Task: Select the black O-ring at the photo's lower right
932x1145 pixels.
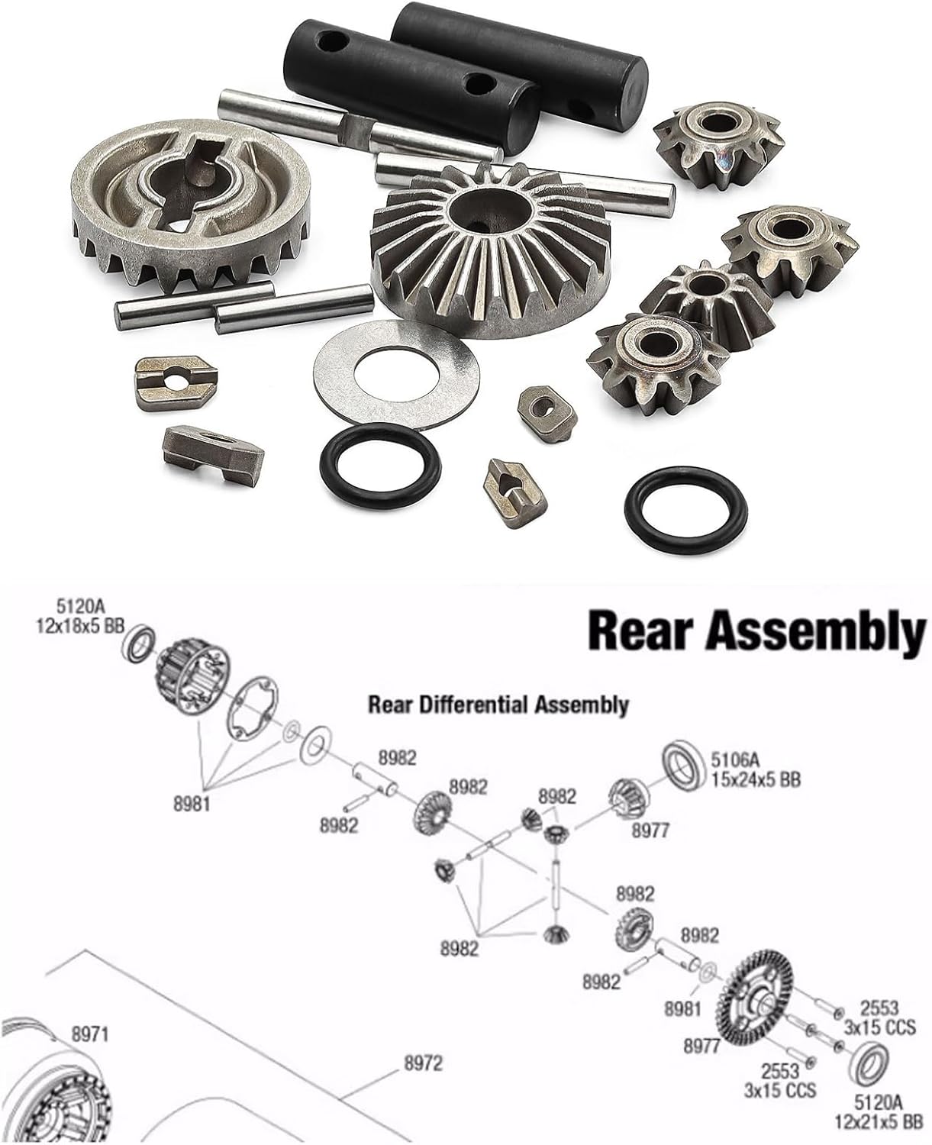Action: tap(685, 509)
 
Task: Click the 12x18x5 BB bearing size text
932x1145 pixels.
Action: tap(81, 627)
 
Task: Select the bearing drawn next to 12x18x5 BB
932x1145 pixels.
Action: tap(140, 644)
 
